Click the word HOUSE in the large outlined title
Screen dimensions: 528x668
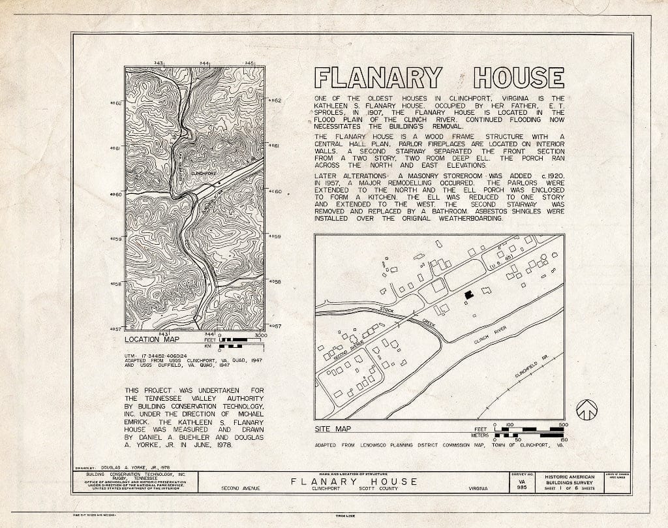519,78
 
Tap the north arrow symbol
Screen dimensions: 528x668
588,410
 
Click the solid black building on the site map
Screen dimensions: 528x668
468,295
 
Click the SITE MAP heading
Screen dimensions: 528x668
332,429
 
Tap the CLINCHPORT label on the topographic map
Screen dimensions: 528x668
204,174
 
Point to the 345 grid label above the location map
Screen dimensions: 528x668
249,63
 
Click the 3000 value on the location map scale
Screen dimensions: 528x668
260,335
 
